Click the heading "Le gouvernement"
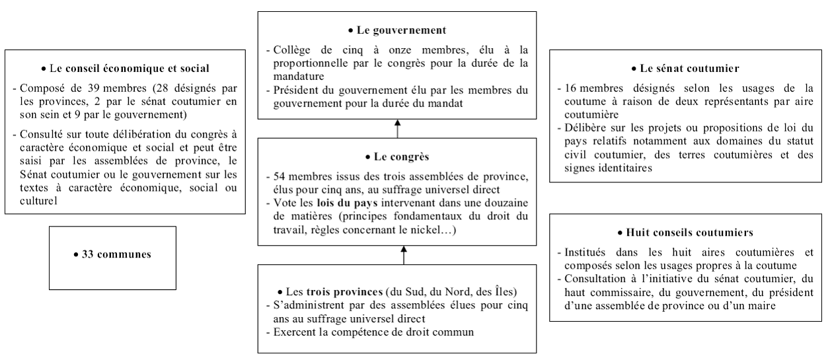pos(398,30)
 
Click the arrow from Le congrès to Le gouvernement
pos(398,129)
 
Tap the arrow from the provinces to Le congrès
pos(404,256)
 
